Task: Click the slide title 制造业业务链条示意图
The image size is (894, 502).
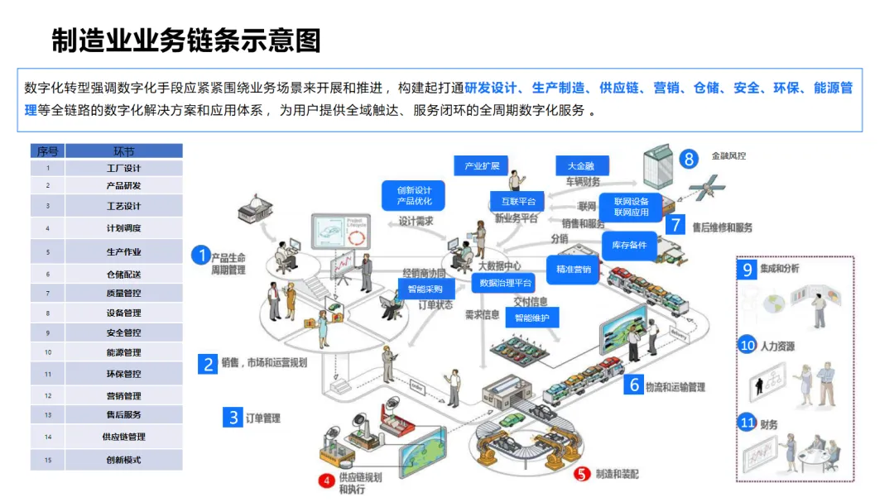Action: click(x=186, y=40)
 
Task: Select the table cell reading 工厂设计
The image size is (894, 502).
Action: click(x=123, y=168)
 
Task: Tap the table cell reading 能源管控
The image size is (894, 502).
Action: click(x=123, y=353)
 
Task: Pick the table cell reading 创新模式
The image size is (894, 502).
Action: click(x=123, y=460)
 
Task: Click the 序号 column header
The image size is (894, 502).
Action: click(x=48, y=151)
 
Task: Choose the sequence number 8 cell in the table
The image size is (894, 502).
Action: click(x=48, y=313)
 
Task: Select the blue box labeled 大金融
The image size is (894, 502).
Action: click(x=581, y=165)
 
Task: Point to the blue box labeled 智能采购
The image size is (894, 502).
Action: click(x=425, y=289)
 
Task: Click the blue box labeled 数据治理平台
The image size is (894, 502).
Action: click(x=502, y=283)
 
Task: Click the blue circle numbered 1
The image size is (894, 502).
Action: click(x=200, y=255)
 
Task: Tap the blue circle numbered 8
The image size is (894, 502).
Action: click(x=689, y=157)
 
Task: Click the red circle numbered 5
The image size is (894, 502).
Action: click(x=583, y=474)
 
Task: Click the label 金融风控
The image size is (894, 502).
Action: click(x=728, y=155)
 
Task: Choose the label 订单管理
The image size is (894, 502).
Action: click(x=262, y=418)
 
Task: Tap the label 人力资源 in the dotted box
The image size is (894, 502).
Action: click(x=778, y=347)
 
